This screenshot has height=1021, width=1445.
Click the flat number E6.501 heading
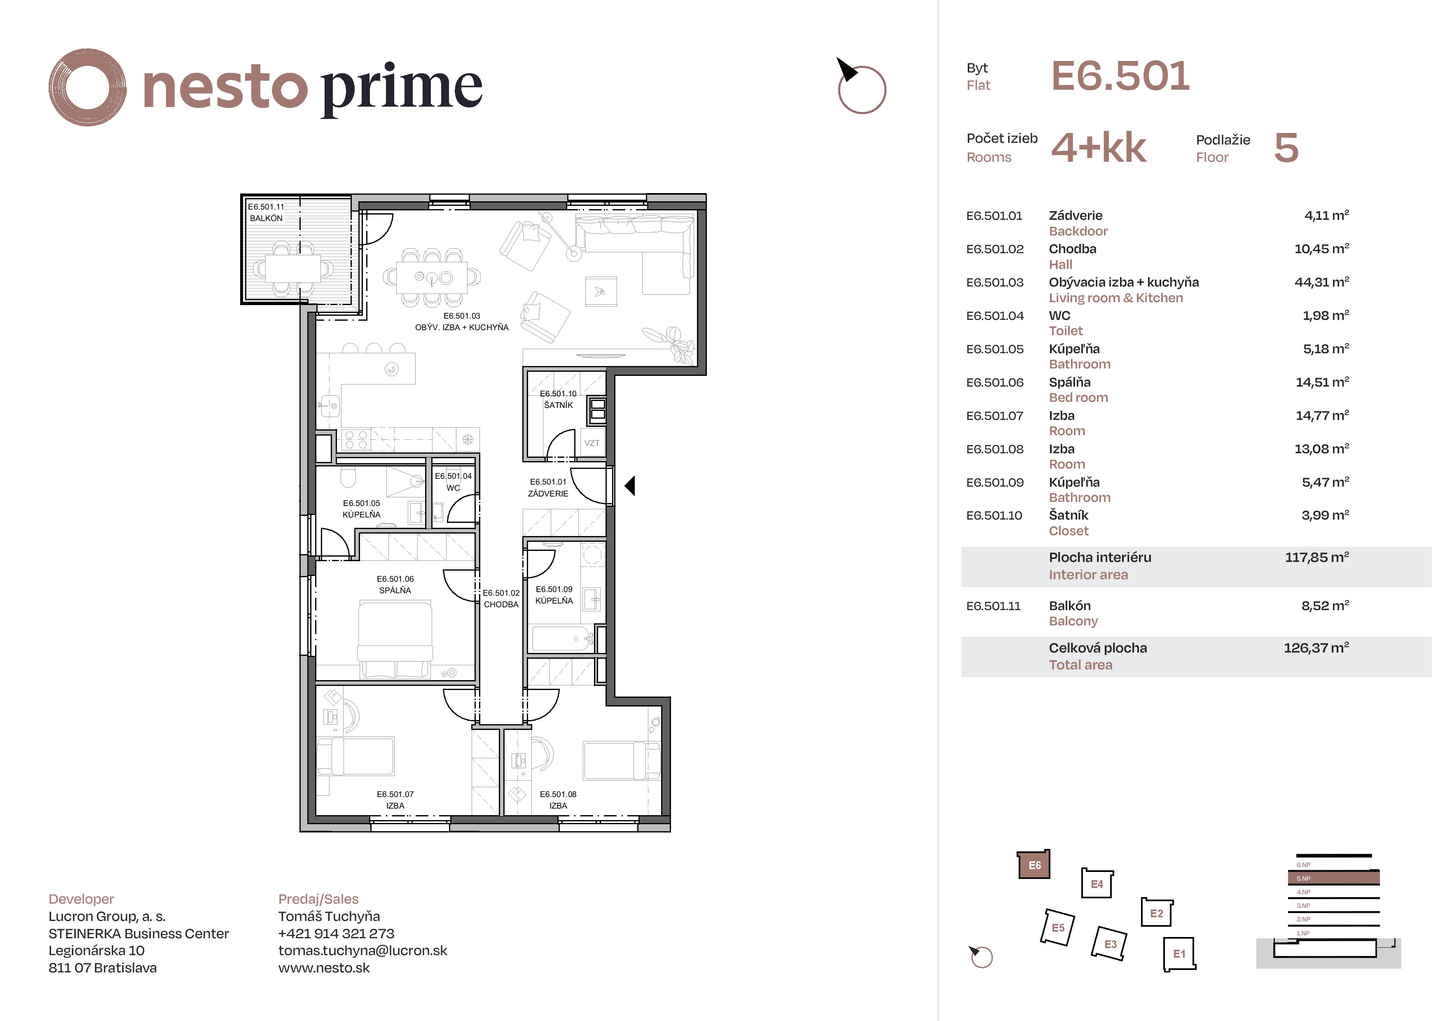pos(1120,76)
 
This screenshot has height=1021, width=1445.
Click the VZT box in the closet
pos(592,443)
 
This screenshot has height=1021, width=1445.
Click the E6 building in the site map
pos(1034,865)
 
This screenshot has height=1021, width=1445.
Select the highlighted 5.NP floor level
pos(1333,878)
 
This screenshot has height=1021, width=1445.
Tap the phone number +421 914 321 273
pos(336,934)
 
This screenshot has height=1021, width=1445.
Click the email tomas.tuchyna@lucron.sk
pos(362,951)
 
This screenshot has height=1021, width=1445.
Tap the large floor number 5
pos(1286,149)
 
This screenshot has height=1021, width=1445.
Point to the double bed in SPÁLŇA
pos(395,639)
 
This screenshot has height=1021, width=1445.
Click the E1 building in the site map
pos(1179,954)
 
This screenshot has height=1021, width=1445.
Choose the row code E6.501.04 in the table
pos(994,316)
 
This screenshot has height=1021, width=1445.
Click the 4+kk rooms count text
pos(1098,149)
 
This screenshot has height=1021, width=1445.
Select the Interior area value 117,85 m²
pos(1316,557)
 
